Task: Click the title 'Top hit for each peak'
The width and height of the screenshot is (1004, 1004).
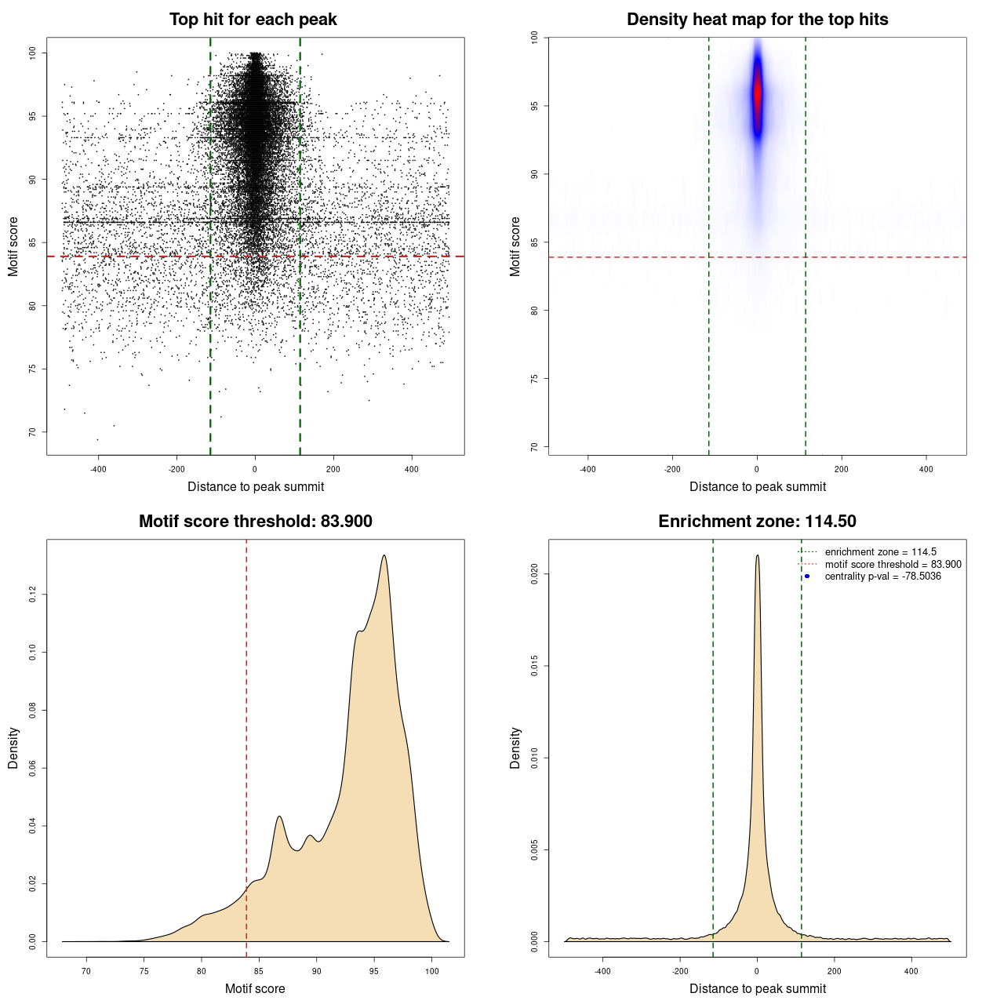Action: (x=253, y=20)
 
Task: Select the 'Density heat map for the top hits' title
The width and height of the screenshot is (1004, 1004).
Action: (x=757, y=20)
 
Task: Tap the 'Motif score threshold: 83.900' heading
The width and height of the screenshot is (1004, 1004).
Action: (x=255, y=522)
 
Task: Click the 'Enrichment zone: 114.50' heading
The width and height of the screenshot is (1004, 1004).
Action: (x=757, y=522)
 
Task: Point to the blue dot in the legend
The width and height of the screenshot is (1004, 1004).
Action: (x=807, y=577)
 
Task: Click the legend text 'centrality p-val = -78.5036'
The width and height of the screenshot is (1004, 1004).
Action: (x=882, y=577)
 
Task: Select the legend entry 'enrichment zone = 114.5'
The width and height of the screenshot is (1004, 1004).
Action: (x=880, y=552)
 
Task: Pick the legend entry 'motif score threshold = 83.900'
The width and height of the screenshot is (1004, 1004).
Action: (x=893, y=565)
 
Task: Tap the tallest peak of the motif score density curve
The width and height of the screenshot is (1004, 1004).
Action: (x=384, y=555)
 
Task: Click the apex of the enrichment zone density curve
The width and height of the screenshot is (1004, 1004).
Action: (x=757, y=555)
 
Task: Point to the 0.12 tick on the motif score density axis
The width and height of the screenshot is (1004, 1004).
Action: (x=33, y=595)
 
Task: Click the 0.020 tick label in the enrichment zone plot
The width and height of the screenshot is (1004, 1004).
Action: (x=535, y=574)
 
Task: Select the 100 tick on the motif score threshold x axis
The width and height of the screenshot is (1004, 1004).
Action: (x=432, y=971)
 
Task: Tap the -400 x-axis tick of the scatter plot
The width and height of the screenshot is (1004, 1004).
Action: (x=98, y=469)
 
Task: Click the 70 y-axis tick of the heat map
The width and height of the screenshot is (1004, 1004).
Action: (x=535, y=447)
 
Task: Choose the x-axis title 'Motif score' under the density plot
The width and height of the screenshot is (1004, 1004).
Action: (x=255, y=988)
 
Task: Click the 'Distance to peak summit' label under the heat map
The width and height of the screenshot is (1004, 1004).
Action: (x=757, y=486)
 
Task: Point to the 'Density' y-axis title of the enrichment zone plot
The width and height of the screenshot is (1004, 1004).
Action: (x=515, y=748)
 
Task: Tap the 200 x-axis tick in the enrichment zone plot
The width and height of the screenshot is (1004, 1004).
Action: (x=834, y=971)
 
